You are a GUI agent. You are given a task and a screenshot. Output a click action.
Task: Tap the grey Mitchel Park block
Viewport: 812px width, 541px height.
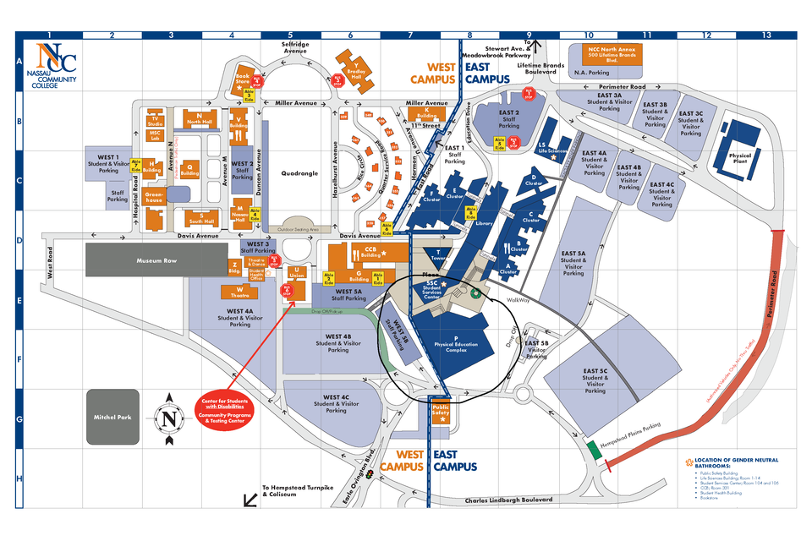(112, 417)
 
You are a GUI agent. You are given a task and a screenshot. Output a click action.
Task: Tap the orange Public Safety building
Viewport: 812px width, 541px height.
(441, 414)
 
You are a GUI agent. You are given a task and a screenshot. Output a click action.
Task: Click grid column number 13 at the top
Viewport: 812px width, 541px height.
(766, 36)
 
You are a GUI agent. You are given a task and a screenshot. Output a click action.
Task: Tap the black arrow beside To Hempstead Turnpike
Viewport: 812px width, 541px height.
(250, 500)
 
